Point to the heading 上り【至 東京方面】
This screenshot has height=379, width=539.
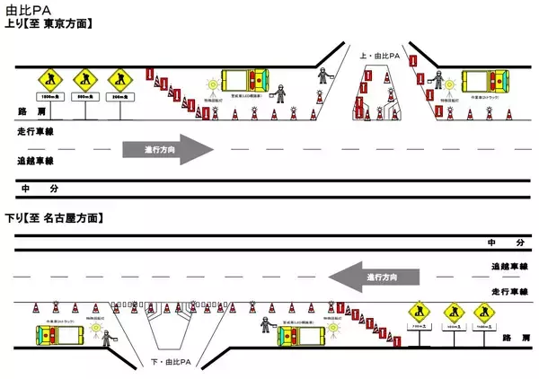tap(50, 23)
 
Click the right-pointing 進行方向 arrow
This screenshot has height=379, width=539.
tap(169, 149)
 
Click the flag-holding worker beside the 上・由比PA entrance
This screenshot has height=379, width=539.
tap(324, 77)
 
